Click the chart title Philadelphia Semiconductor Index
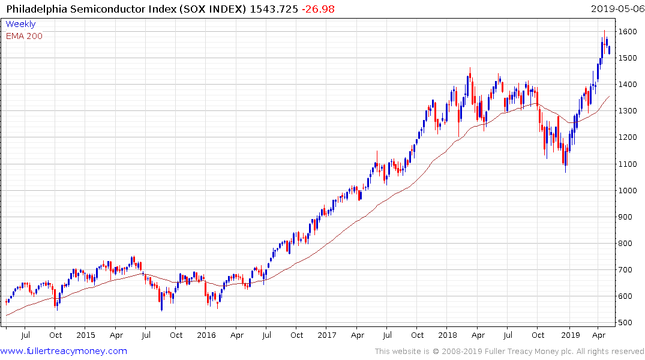pos(127,9)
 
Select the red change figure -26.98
pos(319,9)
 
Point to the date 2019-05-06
pos(616,9)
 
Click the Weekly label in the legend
pos(20,24)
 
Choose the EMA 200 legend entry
pos(24,36)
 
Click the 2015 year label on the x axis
pos(86,335)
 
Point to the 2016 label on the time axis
pos(206,335)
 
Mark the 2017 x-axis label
pos(327,335)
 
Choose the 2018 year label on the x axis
pos(448,335)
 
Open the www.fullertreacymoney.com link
pos(64,351)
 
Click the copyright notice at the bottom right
pos(509,351)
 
